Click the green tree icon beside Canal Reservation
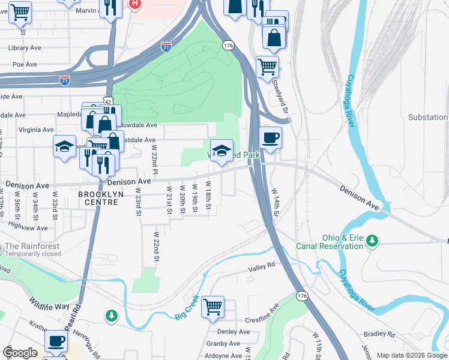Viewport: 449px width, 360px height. click(373, 241)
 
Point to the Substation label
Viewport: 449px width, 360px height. click(428, 117)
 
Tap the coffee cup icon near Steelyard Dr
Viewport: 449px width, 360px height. click(270, 137)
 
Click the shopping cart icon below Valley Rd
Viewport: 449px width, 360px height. click(212, 307)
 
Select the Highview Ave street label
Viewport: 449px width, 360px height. click(28, 227)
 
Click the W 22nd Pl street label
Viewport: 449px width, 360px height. click(154, 160)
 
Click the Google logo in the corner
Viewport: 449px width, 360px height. click(20, 353)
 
